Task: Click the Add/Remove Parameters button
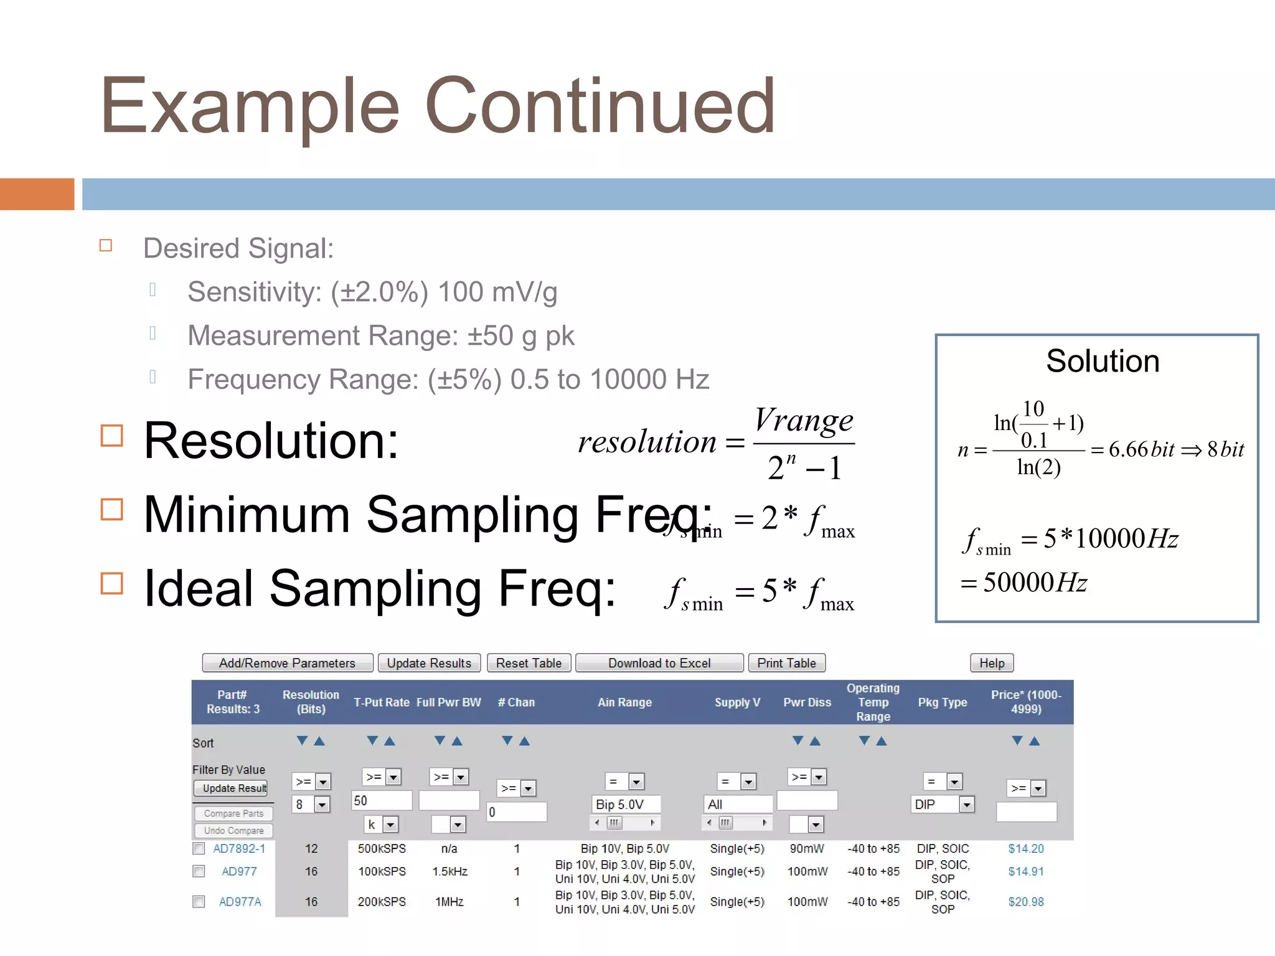(287, 663)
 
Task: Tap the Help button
(991, 663)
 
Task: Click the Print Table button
(786, 663)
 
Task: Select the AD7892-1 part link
(239, 848)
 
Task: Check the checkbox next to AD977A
(199, 901)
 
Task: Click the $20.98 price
(1025, 901)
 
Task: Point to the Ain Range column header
(624, 702)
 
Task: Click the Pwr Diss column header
(807, 702)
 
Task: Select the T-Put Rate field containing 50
(381, 800)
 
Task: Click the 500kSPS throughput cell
(382, 848)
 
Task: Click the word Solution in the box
(1103, 361)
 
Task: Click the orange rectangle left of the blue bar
(37, 194)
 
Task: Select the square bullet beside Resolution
(112, 436)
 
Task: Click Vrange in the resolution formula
(803, 421)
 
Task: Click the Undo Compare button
(233, 830)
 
